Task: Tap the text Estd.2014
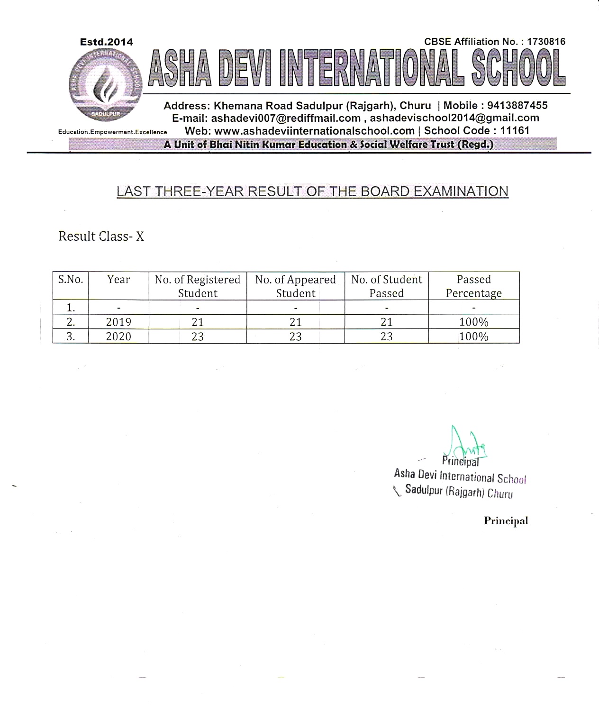(x=107, y=42)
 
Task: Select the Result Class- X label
(x=101, y=236)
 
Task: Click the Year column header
(x=118, y=280)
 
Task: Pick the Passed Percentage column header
(x=473, y=286)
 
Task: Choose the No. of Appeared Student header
(x=295, y=286)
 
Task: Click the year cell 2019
(x=118, y=322)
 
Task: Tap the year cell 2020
(x=118, y=336)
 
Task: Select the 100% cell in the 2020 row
(x=473, y=336)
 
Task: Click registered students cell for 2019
(x=198, y=322)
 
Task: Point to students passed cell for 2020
(x=386, y=336)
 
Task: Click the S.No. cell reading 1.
(x=71, y=308)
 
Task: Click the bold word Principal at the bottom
(x=506, y=521)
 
